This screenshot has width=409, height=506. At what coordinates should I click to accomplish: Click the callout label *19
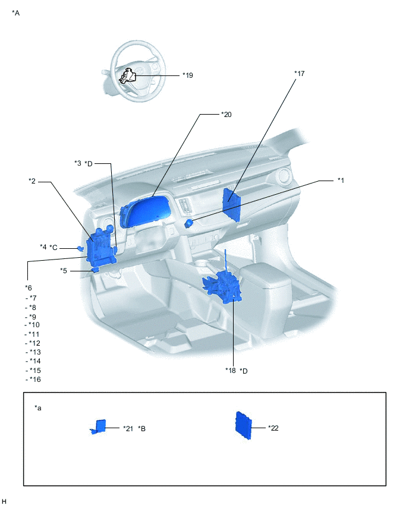188,75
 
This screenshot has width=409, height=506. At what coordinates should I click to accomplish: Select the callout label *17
300,74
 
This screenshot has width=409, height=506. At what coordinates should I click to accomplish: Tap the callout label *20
226,114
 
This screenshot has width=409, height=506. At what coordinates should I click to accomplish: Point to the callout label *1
341,180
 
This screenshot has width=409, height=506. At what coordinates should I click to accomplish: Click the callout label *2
33,181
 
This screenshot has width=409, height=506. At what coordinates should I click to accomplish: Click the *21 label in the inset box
128,428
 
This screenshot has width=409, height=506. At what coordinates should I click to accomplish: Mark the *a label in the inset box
38,408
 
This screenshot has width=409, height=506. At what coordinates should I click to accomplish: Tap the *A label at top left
16,12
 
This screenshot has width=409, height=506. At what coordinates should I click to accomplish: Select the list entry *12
34,343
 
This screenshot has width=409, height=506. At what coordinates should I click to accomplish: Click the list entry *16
34,379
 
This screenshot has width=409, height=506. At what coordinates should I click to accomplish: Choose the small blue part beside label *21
99,426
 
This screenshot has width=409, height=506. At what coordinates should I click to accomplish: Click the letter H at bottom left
4,501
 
